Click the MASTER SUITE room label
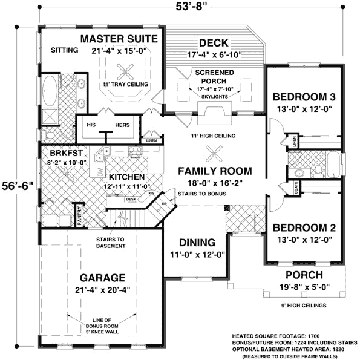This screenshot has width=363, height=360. (119, 39)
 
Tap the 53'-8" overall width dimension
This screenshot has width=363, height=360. (184, 7)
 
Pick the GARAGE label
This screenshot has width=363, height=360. (103, 278)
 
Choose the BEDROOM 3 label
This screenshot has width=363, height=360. (304, 97)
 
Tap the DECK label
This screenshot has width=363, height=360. (213, 43)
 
